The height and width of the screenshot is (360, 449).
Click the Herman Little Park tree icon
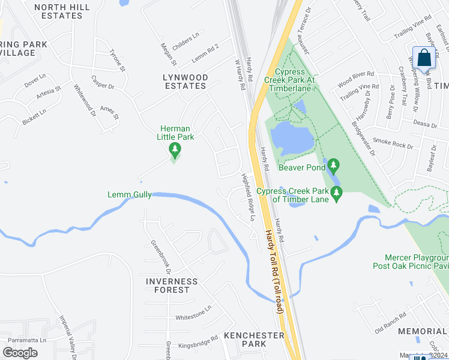click(175, 149)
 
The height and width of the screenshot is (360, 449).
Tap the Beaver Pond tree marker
click(334, 164)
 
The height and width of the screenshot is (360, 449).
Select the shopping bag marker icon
click(424, 59)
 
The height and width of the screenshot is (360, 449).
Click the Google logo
click(20, 353)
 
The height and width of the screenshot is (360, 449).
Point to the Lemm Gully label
click(130, 194)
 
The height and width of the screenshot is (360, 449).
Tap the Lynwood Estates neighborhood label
click(185, 82)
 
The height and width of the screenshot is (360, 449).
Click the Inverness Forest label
click(172, 286)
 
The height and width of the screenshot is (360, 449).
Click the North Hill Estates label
click(62, 11)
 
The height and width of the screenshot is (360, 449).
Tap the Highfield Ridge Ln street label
click(248, 197)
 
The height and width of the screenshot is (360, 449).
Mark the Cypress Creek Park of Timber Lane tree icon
click(336, 192)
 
